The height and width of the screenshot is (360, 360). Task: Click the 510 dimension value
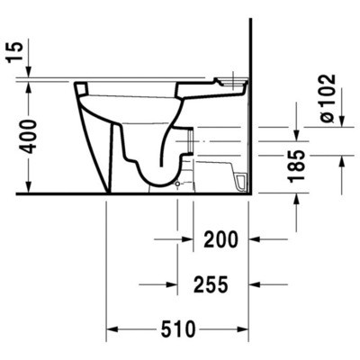click(178, 329)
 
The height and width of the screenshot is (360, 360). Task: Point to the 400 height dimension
click(31, 136)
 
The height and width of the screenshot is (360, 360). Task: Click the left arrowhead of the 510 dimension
click(113, 329)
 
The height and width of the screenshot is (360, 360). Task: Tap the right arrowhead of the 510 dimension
click(245, 329)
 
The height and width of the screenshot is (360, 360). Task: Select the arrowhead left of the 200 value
click(186, 239)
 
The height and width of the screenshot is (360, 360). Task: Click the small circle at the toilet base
click(176, 184)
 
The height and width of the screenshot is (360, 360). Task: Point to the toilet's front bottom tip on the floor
click(107, 192)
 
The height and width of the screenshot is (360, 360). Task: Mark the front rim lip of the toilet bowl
click(80, 88)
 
